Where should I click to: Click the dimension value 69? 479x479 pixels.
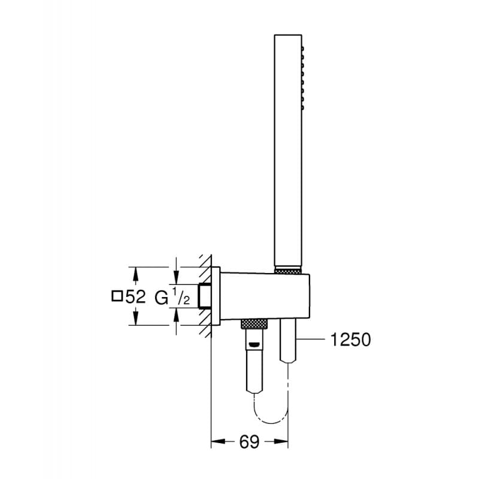coord(250,442)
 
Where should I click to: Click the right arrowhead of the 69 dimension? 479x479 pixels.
coord(284,442)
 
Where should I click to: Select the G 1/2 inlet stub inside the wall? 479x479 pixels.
coord(207,296)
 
